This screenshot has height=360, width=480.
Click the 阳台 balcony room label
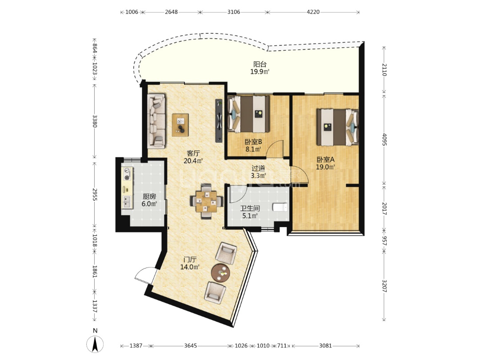pos(260,64)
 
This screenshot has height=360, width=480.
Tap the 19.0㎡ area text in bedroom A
pos(325,167)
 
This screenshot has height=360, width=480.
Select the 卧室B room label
pos(253,142)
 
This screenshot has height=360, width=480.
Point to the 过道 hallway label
pos(258,168)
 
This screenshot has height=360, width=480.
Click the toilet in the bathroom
pos(280,207)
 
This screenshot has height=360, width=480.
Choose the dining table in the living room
pos(207,201)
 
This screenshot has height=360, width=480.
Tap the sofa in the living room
pos(156,120)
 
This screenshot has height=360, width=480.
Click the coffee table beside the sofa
pos(180,125)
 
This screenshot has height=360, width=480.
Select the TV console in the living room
pos(219,120)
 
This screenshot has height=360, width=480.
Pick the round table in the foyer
pos(221,272)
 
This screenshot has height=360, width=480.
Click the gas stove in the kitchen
pos(128,174)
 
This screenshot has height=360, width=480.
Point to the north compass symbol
pos(95,344)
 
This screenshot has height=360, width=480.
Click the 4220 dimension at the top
pos(313,12)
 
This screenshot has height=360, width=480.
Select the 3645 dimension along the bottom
pos(190,346)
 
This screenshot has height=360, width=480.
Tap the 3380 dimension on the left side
pos(95,121)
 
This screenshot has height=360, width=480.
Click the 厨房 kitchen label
pos(149,196)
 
